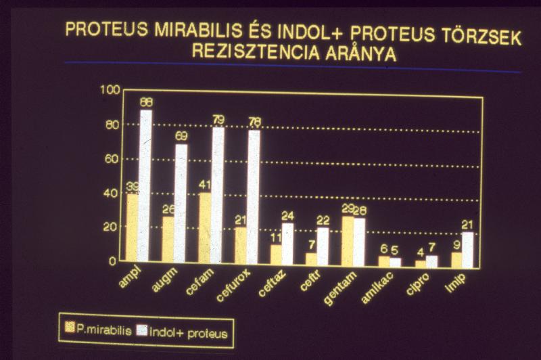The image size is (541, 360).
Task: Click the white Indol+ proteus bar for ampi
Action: point(145,186)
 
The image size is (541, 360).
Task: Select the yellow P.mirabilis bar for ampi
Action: point(132,228)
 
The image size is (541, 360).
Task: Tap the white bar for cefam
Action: point(217,195)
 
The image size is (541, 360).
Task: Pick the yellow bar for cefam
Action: point(204,228)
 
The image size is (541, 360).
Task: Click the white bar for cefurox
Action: point(254,196)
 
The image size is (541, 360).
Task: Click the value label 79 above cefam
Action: point(218,120)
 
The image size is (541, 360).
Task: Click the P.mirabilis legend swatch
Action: point(70,330)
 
